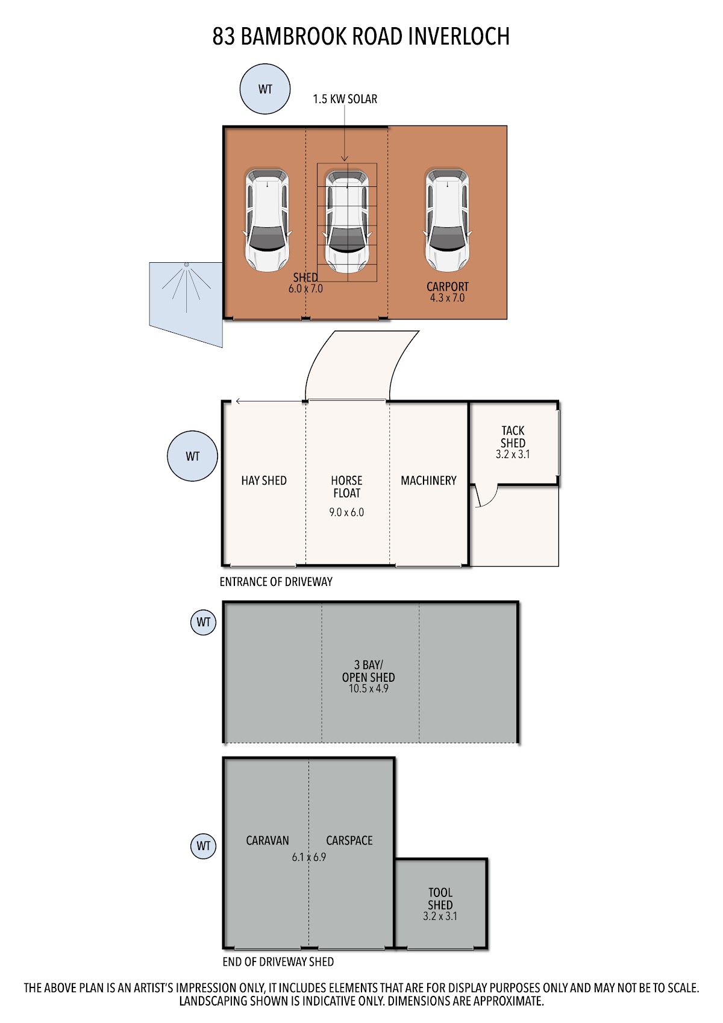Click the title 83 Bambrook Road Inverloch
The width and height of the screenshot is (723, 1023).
(x=360, y=37)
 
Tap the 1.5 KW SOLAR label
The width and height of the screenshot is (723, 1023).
(x=345, y=99)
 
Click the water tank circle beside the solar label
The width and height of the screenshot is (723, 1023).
(x=265, y=89)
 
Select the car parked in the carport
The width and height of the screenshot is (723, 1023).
(x=447, y=219)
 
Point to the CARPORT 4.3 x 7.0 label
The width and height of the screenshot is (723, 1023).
(x=447, y=292)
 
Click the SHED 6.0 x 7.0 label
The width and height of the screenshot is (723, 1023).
(x=305, y=283)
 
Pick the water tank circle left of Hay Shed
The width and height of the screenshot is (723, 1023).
(x=193, y=456)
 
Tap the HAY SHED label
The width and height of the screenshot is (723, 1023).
(x=264, y=480)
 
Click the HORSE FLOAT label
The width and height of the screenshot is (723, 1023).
(x=347, y=487)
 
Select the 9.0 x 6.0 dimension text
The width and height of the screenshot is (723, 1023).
(x=346, y=512)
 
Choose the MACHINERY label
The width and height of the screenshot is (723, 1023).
(x=428, y=480)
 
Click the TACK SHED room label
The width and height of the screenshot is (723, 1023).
(x=513, y=442)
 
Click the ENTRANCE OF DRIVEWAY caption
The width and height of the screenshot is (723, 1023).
(x=276, y=582)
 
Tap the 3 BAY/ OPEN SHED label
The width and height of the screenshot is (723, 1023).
(x=368, y=677)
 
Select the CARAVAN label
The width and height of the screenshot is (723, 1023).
(x=268, y=840)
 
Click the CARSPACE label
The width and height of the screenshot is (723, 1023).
(x=349, y=840)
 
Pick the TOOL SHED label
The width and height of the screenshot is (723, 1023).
(x=440, y=904)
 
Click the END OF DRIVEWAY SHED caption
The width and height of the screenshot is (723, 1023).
(x=278, y=962)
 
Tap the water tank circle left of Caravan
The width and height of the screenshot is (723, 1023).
(x=203, y=846)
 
